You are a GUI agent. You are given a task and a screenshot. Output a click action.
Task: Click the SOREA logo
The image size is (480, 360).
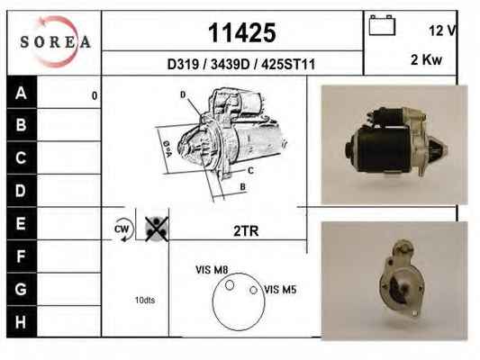click(56, 41)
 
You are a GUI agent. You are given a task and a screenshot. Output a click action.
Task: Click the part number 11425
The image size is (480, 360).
click(242, 32)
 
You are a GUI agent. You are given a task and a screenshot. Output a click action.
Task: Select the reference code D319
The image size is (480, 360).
click(183, 64)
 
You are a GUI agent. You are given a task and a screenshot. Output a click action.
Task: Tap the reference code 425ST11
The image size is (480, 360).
click(288, 64)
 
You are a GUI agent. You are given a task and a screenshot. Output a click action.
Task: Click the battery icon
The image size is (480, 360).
click(382, 25)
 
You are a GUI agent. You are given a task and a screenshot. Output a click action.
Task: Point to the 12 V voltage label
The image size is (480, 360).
click(442, 31)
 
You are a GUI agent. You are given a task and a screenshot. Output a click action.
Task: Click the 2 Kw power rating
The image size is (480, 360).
click(427, 59)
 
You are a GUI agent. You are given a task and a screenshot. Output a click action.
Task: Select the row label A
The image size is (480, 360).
click(21, 93)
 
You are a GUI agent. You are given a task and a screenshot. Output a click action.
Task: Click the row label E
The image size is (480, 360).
click(21, 223)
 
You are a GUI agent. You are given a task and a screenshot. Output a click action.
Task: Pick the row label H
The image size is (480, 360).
click(21, 322)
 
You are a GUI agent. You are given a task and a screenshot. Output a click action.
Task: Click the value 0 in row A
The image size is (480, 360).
click(95, 96)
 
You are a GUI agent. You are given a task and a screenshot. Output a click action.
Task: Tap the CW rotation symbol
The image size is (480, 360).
click(123, 229)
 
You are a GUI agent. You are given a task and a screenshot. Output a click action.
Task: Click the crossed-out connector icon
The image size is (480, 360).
click(157, 229)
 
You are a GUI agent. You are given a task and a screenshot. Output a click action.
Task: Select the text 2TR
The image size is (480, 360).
click(246, 231)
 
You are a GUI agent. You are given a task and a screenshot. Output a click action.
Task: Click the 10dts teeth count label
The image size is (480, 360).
click(145, 300)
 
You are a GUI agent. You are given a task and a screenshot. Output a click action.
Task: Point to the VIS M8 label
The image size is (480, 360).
click(212, 270)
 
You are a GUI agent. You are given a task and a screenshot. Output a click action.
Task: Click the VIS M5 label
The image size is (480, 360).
click(280, 289)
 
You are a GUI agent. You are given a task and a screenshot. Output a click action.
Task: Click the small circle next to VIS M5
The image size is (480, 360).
click(253, 290)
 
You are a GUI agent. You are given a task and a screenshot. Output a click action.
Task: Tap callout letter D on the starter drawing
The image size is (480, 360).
click(183, 94)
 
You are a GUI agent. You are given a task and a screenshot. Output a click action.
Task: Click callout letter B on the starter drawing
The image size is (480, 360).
click(243, 186)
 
